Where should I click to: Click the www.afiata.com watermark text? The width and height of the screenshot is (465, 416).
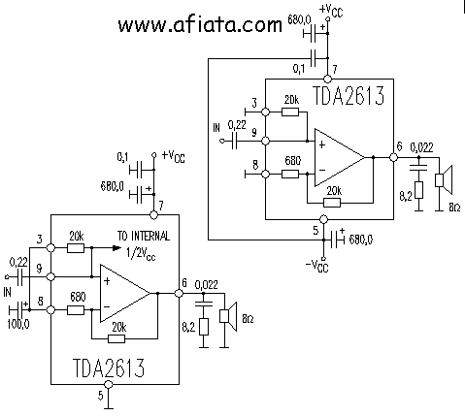(200, 25)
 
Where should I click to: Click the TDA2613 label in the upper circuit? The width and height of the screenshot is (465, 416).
(349, 95)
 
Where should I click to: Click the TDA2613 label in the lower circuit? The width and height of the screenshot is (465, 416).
(109, 368)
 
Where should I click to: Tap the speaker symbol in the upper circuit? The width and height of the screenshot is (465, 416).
(444, 180)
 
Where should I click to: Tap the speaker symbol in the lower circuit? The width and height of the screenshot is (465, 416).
(228, 316)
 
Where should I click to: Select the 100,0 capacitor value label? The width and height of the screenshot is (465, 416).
(18, 324)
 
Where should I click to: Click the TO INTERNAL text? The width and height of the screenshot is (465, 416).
(144, 236)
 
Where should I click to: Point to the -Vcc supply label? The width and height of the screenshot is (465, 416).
(316, 267)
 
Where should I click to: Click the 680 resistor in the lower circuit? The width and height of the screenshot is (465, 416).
(76, 310)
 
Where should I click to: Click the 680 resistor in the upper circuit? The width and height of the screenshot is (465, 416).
(290, 175)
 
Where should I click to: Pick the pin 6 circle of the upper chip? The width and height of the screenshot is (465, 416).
(393, 157)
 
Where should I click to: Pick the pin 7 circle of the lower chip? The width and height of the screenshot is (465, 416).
(153, 214)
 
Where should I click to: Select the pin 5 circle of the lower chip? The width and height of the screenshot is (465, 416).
(109, 384)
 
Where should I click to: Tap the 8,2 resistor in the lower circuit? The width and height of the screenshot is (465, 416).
(204, 327)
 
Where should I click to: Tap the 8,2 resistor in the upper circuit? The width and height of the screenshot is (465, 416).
(418, 190)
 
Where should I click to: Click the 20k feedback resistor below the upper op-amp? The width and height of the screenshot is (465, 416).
(332, 203)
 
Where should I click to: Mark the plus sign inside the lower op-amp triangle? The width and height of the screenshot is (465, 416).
(107, 281)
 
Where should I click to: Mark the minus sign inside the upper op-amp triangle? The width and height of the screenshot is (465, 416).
(322, 170)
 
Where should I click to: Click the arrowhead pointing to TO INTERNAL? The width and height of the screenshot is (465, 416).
(116, 248)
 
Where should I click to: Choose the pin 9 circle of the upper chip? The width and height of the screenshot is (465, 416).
(265, 141)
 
